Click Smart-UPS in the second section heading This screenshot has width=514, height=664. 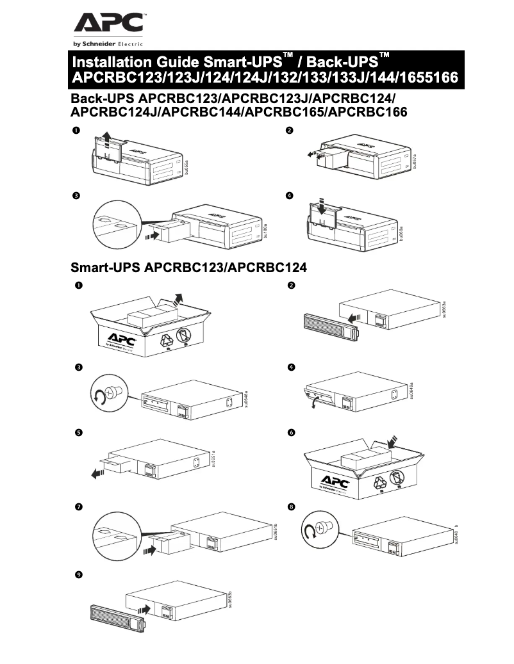coord(105,268)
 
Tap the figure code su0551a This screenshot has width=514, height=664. coord(213,458)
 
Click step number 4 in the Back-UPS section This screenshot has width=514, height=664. coord(290,195)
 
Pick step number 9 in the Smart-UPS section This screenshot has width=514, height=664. coord(78,576)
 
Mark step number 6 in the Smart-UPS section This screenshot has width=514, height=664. coord(292,433)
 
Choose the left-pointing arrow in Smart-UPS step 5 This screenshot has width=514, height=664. coord(98,473)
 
